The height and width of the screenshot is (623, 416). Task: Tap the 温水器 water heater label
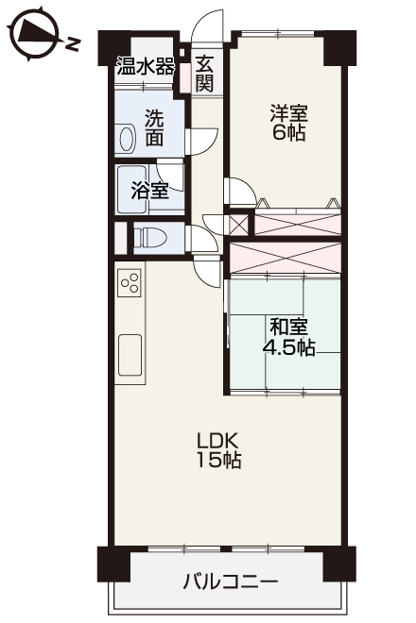(146, 67)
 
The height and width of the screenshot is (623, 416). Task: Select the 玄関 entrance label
(204, 74)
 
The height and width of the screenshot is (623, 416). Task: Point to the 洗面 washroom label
(154, 127)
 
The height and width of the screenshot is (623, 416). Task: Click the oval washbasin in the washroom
(126, 138)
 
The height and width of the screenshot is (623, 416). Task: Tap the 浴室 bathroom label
(150, 191)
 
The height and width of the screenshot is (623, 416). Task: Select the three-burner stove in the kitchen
(130, 282)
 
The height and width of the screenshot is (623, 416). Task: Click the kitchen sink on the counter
(130, 355)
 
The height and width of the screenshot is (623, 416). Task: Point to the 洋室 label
(288, 113)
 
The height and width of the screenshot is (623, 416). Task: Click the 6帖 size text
(288, 132)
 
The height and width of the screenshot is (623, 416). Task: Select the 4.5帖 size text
(288, 348)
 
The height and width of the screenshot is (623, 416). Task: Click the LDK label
(218, 440)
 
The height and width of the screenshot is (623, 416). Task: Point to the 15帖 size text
(218, 460)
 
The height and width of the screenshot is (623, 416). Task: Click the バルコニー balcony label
(230, 582)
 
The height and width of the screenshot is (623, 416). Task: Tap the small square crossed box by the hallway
(239, 225)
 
